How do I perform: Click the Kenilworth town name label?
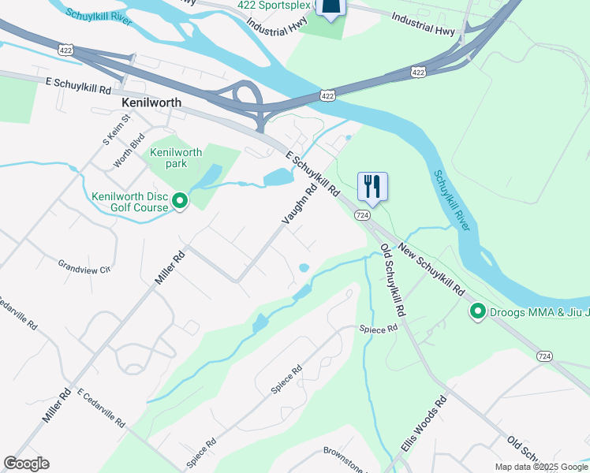pos(151,102)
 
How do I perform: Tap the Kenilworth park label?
pos(176,158)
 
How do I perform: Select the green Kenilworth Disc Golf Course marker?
pos(180,202)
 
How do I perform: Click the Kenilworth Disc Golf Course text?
pos(130,202)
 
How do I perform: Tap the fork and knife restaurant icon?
pos(372,187)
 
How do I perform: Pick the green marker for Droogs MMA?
pos(477,312)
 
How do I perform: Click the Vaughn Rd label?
pos(301,202)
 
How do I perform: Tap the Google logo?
pos(26,464)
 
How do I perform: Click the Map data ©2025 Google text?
pos(541,467)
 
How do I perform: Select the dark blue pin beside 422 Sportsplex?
pos(330,6)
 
